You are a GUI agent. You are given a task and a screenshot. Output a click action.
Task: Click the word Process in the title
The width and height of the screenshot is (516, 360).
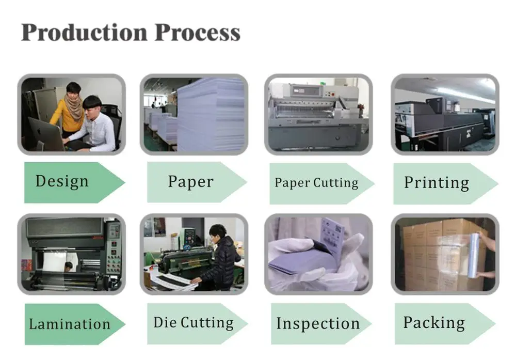pos(198,33)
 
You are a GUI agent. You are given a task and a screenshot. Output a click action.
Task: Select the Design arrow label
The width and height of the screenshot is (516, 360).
pos(62,182)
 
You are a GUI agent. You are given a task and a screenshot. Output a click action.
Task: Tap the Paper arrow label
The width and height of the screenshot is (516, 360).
pos(190,182)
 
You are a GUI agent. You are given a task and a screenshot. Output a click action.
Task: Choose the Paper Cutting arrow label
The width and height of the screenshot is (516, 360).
pos(316,183)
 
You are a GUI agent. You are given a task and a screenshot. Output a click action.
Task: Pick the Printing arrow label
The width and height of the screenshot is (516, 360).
pos(437,183)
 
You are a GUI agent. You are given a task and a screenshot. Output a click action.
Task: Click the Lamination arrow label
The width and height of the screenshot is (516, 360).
pos(69,324)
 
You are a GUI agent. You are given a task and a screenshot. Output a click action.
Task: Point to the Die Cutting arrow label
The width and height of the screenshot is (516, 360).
pos(193,323)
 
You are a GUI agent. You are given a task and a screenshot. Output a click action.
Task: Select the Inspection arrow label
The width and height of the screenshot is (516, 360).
pos(318,324)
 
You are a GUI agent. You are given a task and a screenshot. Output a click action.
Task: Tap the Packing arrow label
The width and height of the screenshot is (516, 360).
pos(434,323)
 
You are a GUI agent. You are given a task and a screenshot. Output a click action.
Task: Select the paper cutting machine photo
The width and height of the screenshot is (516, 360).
pos(318,115)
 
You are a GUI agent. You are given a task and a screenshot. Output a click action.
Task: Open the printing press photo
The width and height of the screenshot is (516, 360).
pos(445,115)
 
